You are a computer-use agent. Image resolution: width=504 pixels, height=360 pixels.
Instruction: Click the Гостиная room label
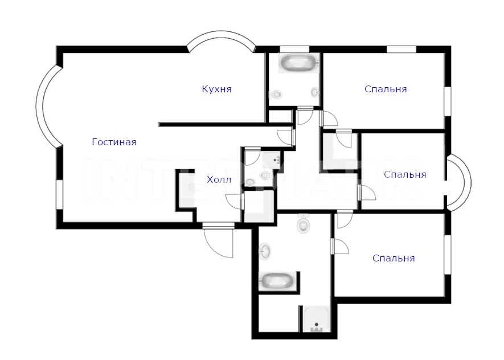(114, 142)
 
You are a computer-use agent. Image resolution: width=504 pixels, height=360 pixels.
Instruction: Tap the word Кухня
(216, 89)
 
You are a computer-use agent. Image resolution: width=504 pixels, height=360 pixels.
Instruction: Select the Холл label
(219, 179)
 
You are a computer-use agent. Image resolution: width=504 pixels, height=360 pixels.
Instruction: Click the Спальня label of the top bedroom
(386, 89)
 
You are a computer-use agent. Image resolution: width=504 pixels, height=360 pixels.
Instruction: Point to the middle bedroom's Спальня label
(405, 174)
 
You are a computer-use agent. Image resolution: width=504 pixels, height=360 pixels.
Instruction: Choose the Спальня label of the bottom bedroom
(394, 258)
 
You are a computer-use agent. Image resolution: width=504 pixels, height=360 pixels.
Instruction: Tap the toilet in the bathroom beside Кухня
(275, 95)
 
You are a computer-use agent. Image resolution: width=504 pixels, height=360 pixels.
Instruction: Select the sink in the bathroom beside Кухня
(315, 92)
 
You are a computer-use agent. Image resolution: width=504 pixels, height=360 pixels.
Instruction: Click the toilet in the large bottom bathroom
(303, 223)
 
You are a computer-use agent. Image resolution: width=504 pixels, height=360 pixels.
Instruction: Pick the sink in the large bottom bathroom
(265, 251)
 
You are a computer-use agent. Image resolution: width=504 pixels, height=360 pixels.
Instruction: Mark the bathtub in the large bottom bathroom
(277, 281)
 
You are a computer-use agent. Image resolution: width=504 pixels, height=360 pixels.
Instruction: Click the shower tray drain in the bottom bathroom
(317, 325)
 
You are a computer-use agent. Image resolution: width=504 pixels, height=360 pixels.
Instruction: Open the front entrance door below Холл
(218, 240)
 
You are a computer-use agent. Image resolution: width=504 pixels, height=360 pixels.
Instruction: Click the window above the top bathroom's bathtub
(294, 49)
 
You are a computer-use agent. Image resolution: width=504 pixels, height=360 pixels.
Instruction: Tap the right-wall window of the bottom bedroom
(448, 255)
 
